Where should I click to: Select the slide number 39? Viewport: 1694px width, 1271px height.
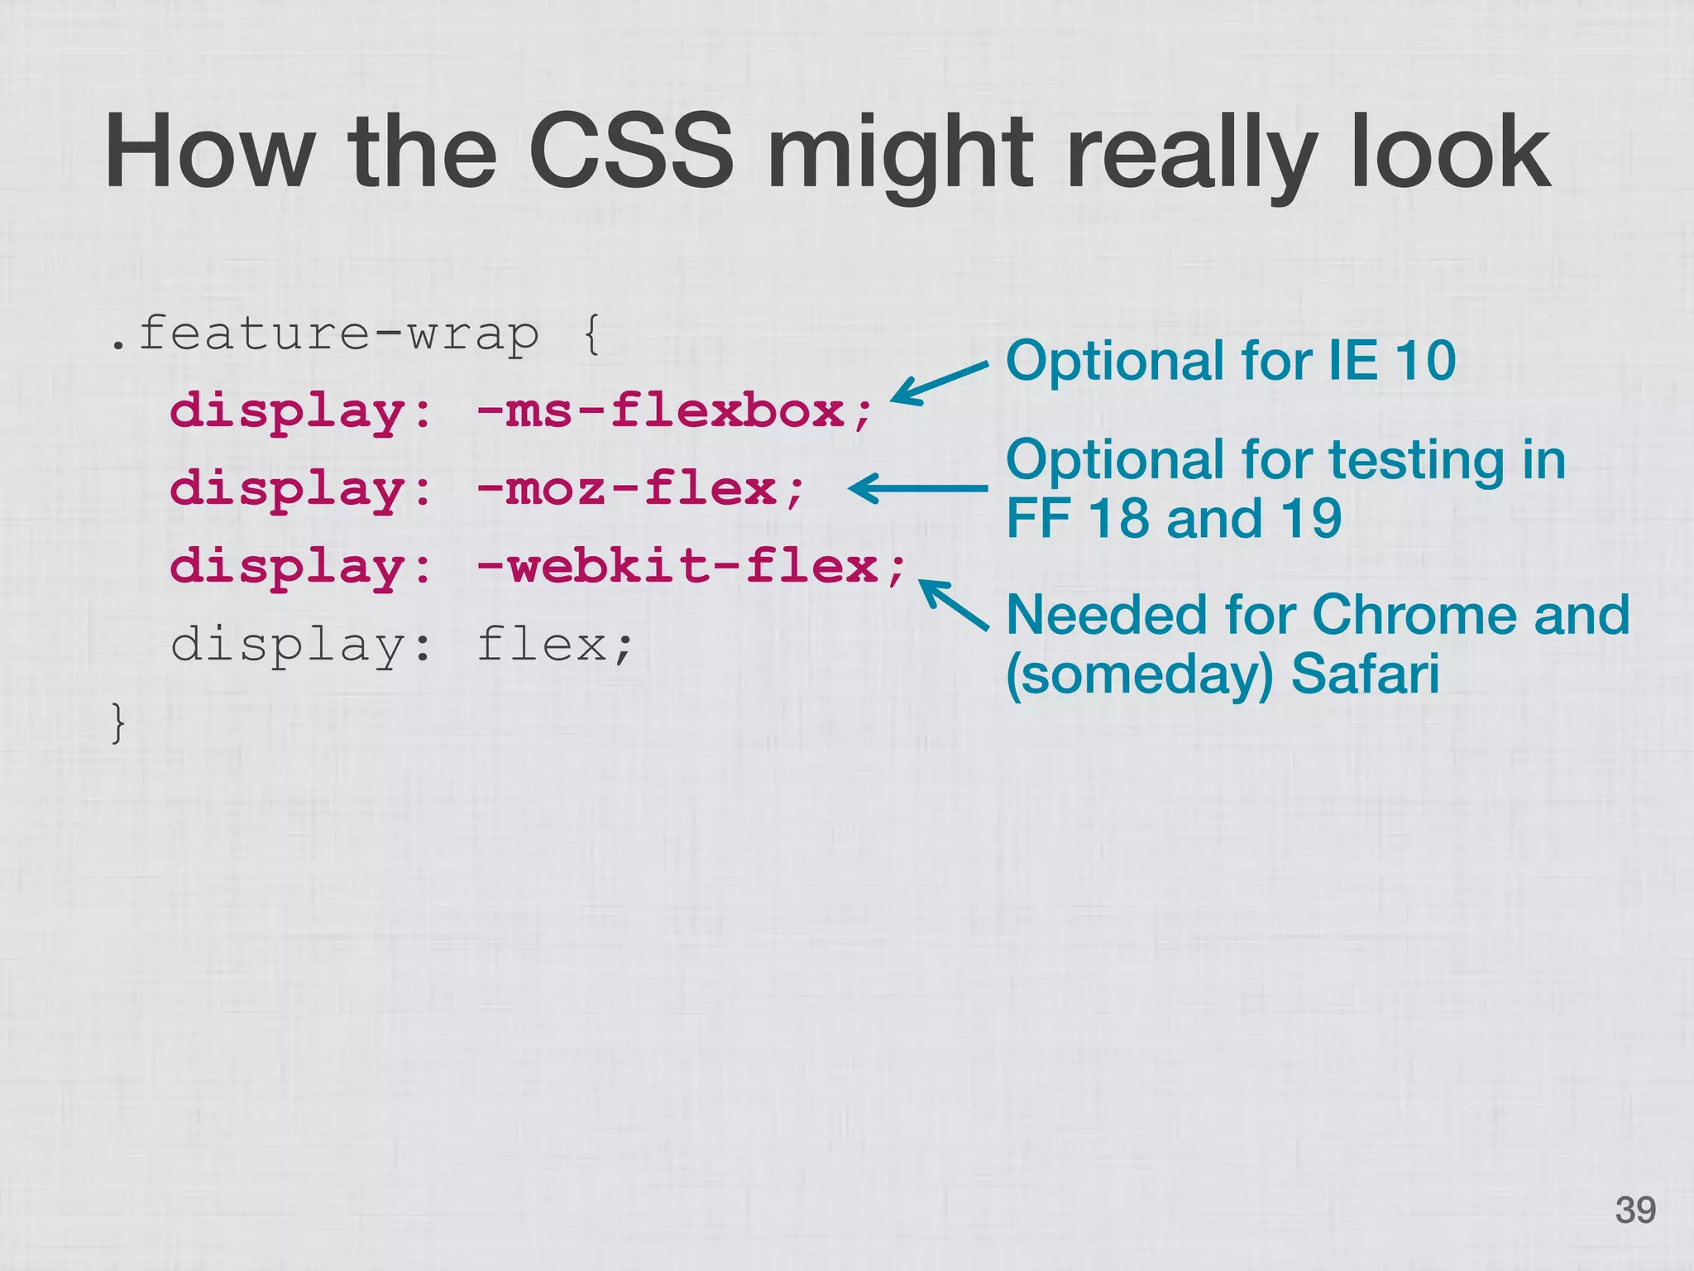tap(1635, 1210)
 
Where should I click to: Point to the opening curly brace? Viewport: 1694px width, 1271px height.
tap(591, 335)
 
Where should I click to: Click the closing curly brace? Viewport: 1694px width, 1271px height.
tap(118, 722)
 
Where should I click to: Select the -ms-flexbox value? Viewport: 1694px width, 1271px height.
tap(673, 410)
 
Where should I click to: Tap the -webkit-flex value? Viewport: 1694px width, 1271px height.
tap(691, 566)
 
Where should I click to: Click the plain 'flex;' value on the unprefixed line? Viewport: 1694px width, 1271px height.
tap(555, 644)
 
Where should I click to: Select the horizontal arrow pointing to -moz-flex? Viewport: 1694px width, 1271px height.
tap(918, 488)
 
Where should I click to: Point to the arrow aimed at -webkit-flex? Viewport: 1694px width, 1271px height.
tap(954, 605)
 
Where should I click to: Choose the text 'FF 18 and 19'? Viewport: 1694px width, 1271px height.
tap(1173, 519)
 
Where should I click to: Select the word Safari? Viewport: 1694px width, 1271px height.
tap(1365, 674)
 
